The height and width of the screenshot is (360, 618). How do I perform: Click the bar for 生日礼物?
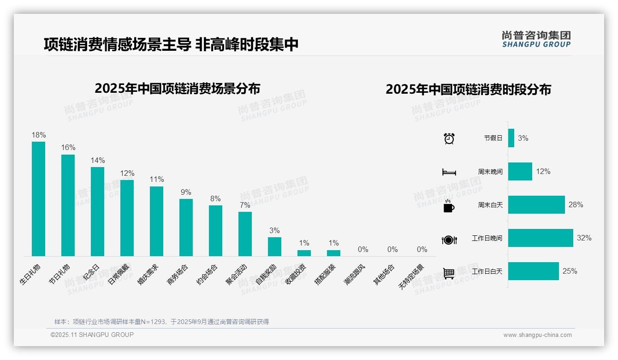(x=38, y=198)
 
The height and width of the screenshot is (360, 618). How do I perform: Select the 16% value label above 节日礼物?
(x=68, y=148)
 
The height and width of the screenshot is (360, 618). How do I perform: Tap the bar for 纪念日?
(x=97, y=211)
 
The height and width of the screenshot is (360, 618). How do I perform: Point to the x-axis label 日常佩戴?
(x=119, y=274)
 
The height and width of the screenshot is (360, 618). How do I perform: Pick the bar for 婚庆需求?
(x=156, y=221)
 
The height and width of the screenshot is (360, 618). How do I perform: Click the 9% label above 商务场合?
(x=186, y=192)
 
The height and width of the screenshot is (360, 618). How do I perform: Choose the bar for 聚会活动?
(x=245, y=234)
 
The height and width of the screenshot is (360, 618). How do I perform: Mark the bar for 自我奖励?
(x=274, y=246)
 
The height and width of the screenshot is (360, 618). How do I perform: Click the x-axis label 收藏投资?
(x=295, y=274)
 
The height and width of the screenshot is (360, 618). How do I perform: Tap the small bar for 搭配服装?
(x=333, y=253)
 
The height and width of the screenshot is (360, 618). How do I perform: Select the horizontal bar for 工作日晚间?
(x=541, y=238)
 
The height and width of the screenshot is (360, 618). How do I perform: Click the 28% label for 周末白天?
(x=576, y=205)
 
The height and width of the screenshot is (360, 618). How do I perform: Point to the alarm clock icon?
(x=449, y=138)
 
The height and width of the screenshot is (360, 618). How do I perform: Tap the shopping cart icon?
(x=449, y=273)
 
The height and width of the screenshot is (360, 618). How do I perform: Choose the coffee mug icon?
(x=449, y=206)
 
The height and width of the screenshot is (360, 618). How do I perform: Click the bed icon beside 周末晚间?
(x=449, y=172)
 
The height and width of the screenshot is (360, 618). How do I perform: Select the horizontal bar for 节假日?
(x=511, y=138)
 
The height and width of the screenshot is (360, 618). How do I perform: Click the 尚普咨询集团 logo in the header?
(x=536, y=39)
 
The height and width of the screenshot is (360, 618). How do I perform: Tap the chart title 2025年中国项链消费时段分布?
(x=468, y=90)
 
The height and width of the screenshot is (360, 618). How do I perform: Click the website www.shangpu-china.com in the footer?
(x=537, y=335)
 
